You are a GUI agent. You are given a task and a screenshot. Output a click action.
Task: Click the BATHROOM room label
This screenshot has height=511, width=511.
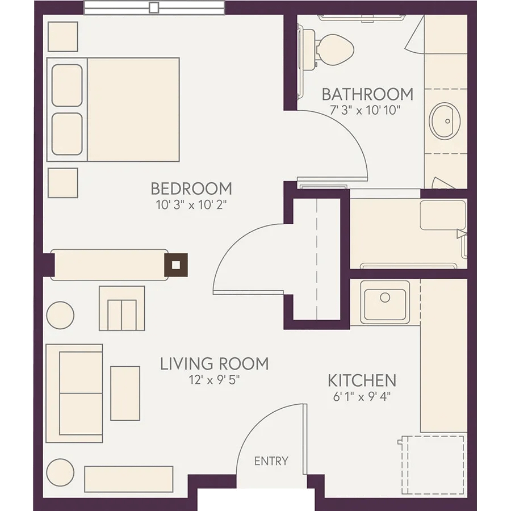point(367,94)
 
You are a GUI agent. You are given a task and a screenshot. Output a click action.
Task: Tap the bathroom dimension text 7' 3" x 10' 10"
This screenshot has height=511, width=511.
point(365,110)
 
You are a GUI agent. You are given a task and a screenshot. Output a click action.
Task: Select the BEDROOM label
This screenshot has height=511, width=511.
point(191,189)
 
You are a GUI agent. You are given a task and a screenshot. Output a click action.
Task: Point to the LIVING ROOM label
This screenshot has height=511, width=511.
point(215,364)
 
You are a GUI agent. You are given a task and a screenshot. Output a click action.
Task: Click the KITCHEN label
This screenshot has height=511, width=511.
point(362,380)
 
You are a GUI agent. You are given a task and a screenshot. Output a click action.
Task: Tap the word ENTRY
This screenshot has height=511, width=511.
point(271,461)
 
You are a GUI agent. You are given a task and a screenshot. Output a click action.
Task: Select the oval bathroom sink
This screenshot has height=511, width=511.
point(445,121)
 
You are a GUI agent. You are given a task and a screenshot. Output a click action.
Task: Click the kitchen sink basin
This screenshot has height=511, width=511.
point(385,302)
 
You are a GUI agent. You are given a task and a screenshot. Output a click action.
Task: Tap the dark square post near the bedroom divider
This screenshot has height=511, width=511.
point(175,265)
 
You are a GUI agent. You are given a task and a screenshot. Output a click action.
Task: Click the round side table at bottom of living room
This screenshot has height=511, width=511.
point(60,472)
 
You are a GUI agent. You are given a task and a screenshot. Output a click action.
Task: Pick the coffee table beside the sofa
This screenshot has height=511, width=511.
point(125,393)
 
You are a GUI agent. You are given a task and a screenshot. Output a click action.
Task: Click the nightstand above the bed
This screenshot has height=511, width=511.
point(63,36)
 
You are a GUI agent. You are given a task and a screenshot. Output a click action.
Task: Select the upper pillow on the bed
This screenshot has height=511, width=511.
point(67,85)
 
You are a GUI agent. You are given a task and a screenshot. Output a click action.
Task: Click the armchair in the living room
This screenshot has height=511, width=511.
point(122,308)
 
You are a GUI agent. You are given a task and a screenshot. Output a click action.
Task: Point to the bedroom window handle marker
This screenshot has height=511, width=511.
point(154,7)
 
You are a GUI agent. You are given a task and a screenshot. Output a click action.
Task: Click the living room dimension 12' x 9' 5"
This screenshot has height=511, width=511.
point(215,380)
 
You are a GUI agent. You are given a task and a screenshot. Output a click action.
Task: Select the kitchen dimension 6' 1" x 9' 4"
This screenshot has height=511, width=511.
point(362,397)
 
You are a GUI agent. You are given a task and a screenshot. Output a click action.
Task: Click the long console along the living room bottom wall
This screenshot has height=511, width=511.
point(129,479)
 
